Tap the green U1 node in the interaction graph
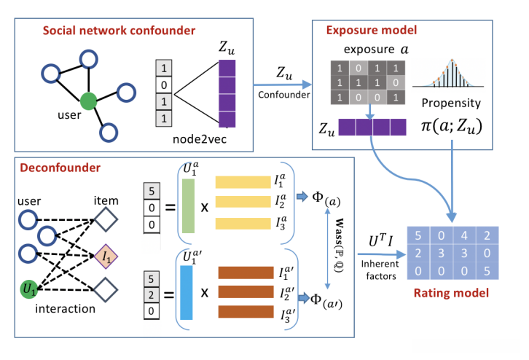click(x=29, y=289)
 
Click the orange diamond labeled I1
click(x=106, y=256)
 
